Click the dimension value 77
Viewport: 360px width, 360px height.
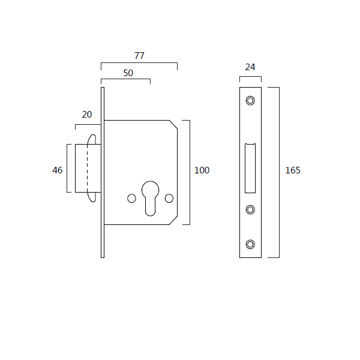click(x=139, y=56)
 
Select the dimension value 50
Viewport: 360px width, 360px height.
click(x=128, y=73)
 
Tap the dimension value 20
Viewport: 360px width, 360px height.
click(x=87, y=115)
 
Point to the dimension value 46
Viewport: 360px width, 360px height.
click(x=58, y=170)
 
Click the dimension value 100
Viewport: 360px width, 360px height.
click(x=202, y=170)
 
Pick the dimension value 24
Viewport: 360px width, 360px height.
click(x=250, y=67)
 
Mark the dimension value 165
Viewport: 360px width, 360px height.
click(x=293, y=170)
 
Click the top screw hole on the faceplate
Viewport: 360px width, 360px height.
click(x=250, y=101)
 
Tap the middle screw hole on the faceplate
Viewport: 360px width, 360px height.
click(x=250, y=209)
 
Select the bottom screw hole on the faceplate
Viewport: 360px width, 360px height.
click(x=250, y=244)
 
